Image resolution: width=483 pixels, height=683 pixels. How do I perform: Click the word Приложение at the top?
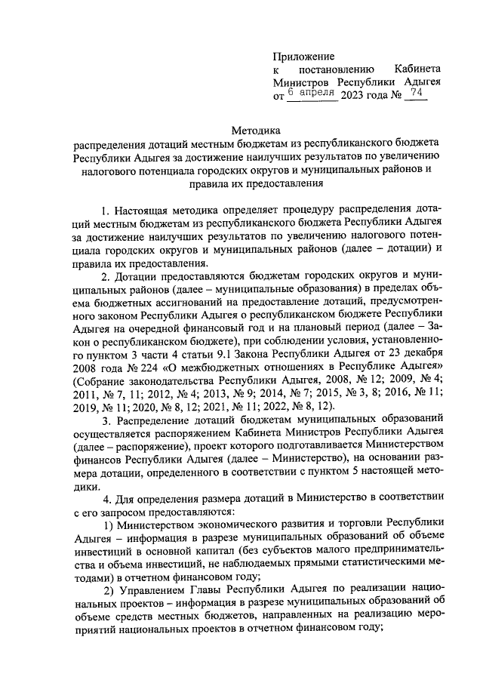coord(304,56)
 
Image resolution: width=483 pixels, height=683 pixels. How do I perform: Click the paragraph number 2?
coord(105,278)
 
